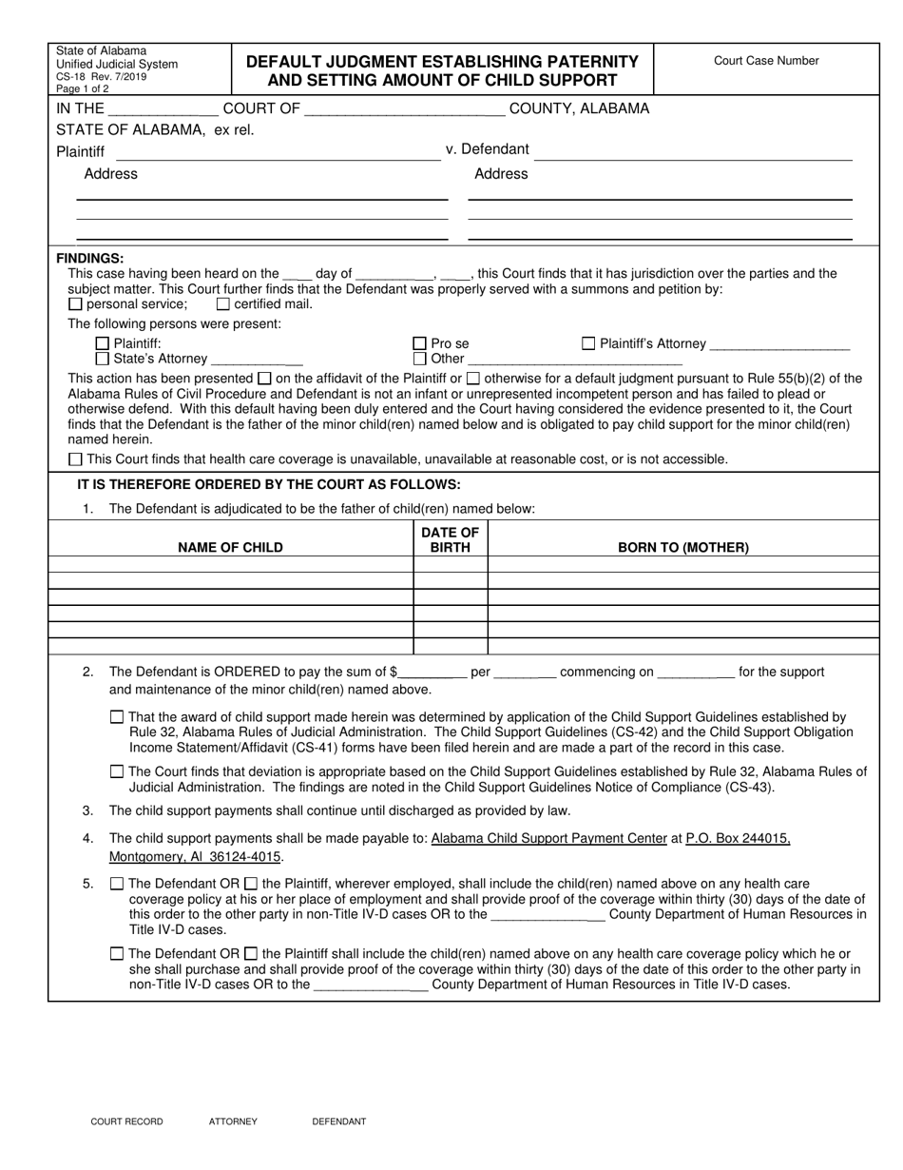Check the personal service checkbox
click(x=76, y=304)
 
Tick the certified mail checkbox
click(x=223, y=304)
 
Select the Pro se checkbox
click(x=419, y=343)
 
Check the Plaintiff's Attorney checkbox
click(x=588, y=343)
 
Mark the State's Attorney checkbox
click(x=103, y=359)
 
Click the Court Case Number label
click(x=766, y=61)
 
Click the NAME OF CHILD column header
click(x=230, y=547)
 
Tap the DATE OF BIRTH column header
click(x=451, y=539)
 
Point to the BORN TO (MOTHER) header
click(x=682, y=547)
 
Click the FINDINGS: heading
click(x=90, y=258)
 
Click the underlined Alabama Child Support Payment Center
click(x=548, y=838)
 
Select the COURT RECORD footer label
click(x=126, y=1121)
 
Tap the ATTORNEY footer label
click(x=233, y=1121)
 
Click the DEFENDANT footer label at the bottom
click(x=338, y=1121)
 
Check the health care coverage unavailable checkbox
click(x=76, y=459)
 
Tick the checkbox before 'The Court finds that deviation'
click(x=117, y=771)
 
